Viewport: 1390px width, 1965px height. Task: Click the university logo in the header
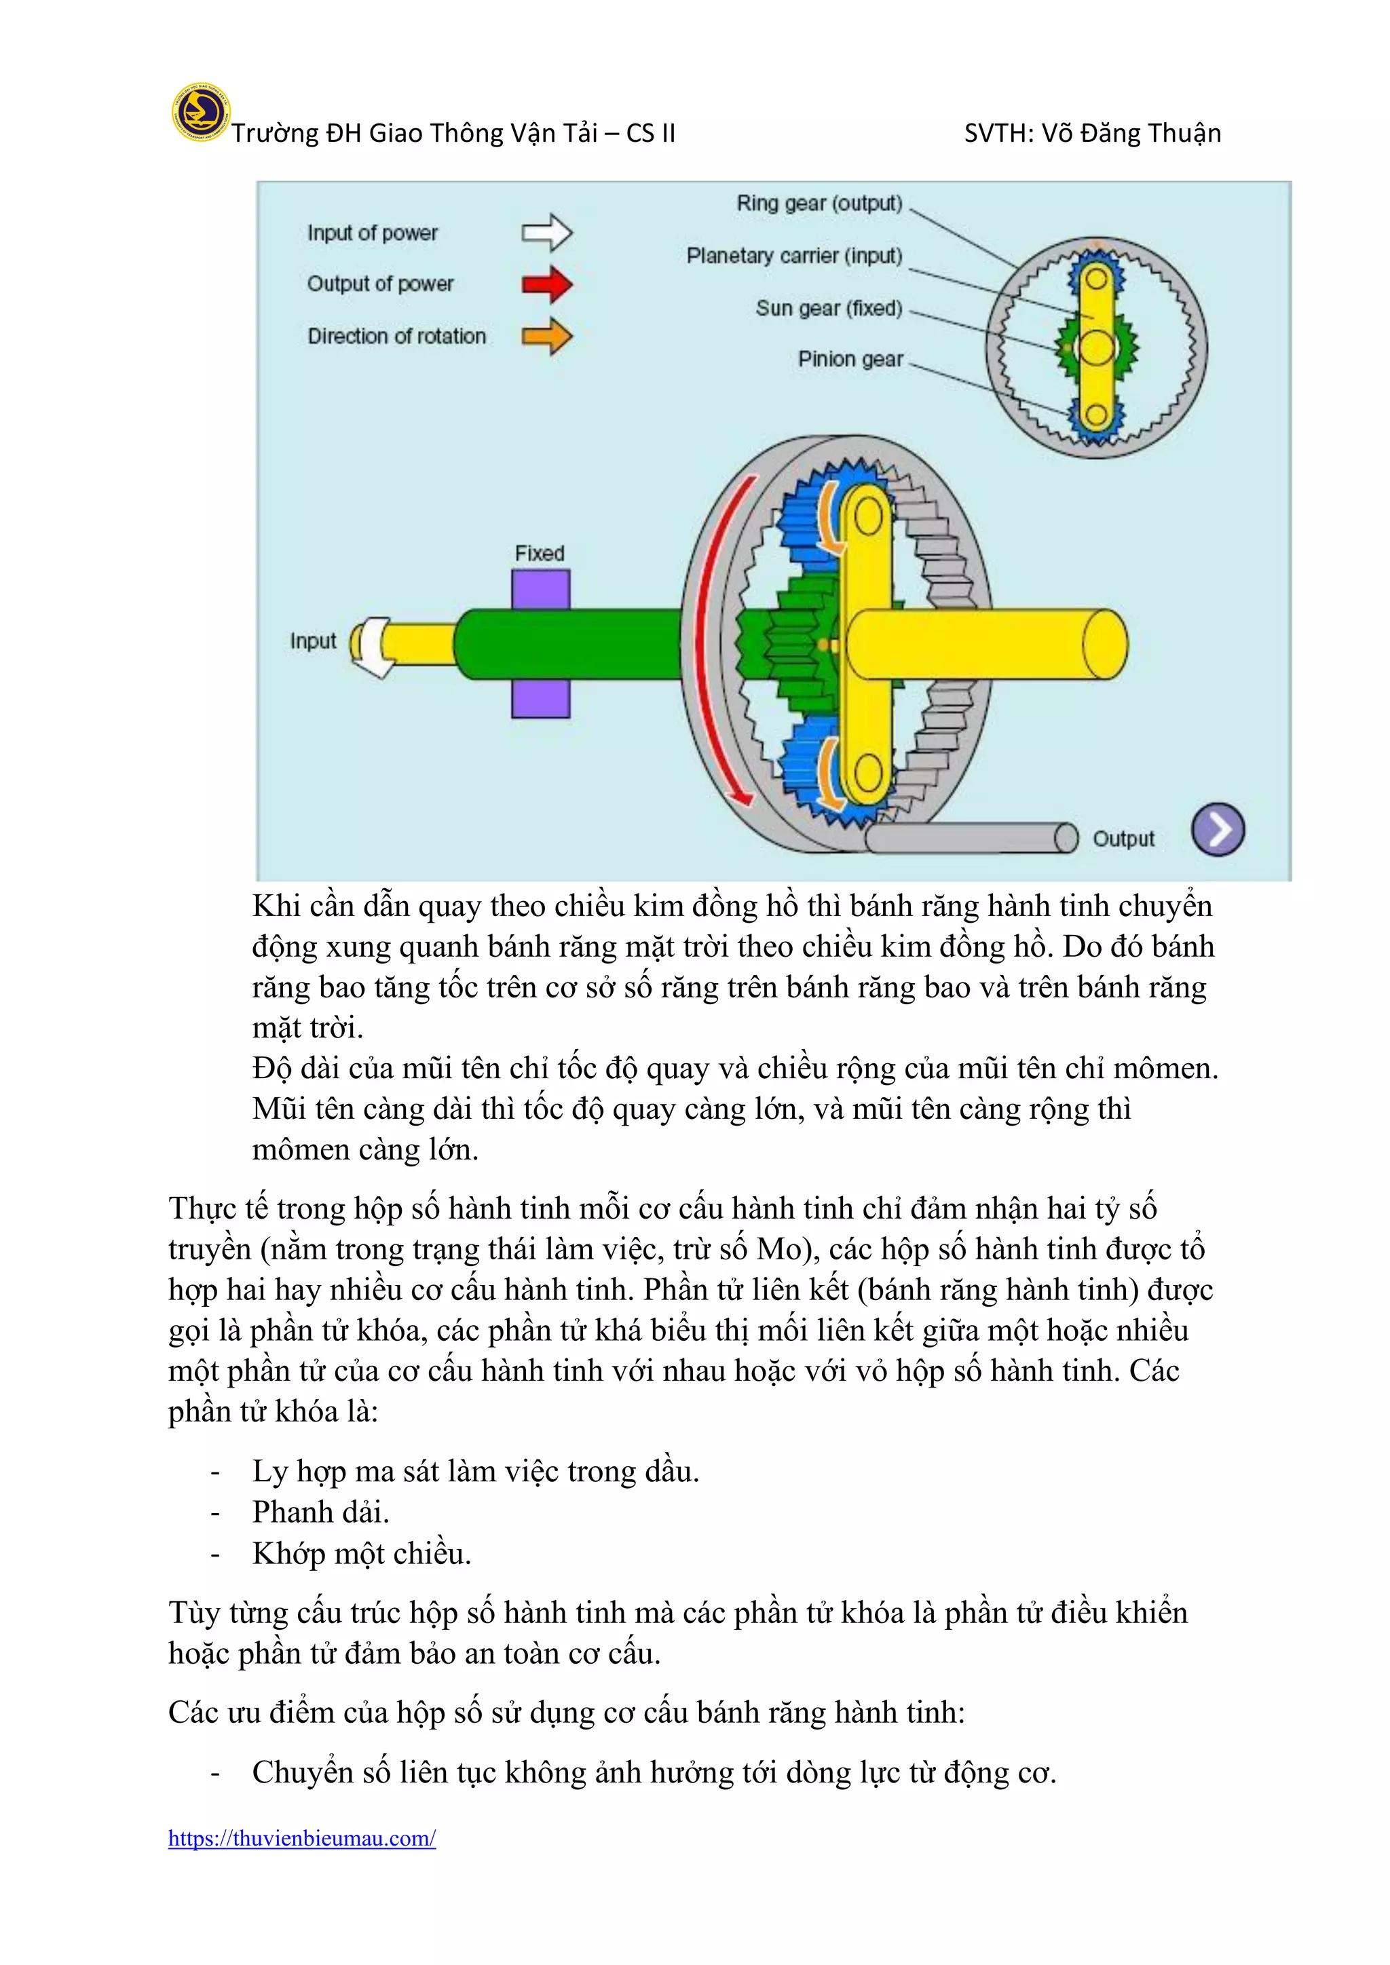(x=200, y=112)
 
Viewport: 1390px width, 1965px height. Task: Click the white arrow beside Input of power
(x=547, y=233)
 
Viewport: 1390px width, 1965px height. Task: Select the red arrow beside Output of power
(x=547, y=284)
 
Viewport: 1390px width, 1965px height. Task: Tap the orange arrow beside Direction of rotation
(x=547, y=337)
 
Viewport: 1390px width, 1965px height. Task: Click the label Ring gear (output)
(x=819, y=204)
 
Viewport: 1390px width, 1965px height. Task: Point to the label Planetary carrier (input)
(x=793, y=256)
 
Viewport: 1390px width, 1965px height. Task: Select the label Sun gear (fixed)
(x=829, y=308)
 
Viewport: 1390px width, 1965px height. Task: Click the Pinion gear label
(x=850, y=360)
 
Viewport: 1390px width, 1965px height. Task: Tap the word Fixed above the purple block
(x=539, y=554)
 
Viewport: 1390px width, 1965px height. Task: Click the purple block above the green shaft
(x=541, y=589)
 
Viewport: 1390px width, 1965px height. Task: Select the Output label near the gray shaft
(x=1123, y=839)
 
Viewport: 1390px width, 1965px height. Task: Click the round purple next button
(x=1218, y=829)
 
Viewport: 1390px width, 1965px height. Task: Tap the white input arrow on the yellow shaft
(x=371, y=646)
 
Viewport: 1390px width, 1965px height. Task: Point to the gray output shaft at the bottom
(x=967, y=838)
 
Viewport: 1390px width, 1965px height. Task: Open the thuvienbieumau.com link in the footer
(x=302, y=1838)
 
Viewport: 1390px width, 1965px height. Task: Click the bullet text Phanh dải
(x=321, y=1512)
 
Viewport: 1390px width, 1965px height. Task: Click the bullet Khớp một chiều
(x=361, y=1553)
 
